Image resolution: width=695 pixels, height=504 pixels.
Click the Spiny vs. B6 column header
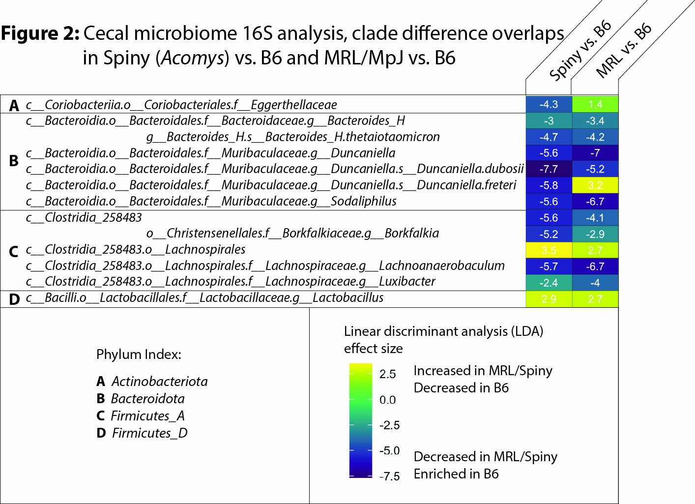[580, 50]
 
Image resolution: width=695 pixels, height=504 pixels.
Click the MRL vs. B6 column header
[624, 50]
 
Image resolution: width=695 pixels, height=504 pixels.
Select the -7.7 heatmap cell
[549, 169]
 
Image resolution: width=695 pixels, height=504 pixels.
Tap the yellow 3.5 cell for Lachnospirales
[549, 250]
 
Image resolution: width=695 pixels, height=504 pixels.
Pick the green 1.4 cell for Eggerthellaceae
[595, 104]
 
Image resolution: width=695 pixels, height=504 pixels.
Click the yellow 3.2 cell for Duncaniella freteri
[595, 185]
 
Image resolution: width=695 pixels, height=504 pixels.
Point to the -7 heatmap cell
[595, 153]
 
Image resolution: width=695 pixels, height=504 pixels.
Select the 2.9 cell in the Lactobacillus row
[549, 299]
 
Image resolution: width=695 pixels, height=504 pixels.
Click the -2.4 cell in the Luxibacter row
[549, 283]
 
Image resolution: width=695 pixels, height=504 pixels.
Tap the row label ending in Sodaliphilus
[211, 201]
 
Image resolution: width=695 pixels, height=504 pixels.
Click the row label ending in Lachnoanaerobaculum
[265, 266]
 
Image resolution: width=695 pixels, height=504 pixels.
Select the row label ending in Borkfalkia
[292, 233]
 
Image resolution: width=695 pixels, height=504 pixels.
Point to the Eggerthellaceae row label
[181, 105]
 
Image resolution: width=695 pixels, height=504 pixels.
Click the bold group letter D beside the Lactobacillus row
[14, 299]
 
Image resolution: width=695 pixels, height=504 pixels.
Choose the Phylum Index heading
[139, 355]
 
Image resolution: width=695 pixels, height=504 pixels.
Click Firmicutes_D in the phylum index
[149, 433]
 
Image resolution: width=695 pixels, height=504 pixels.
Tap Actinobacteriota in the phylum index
[159, 382]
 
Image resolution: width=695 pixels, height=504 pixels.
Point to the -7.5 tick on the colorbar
[390, 476]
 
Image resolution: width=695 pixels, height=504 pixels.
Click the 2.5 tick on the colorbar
[387, 374]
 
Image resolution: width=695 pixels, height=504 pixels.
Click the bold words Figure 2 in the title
[40, 33]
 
